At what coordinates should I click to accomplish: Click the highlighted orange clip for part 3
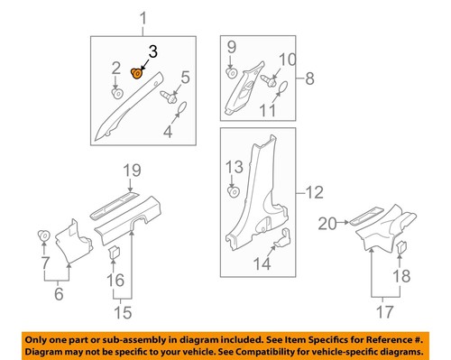137,73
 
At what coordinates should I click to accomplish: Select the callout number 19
133,170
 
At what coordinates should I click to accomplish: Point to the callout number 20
327,222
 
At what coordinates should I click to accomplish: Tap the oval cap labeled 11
281,88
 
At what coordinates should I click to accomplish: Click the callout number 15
122,312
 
